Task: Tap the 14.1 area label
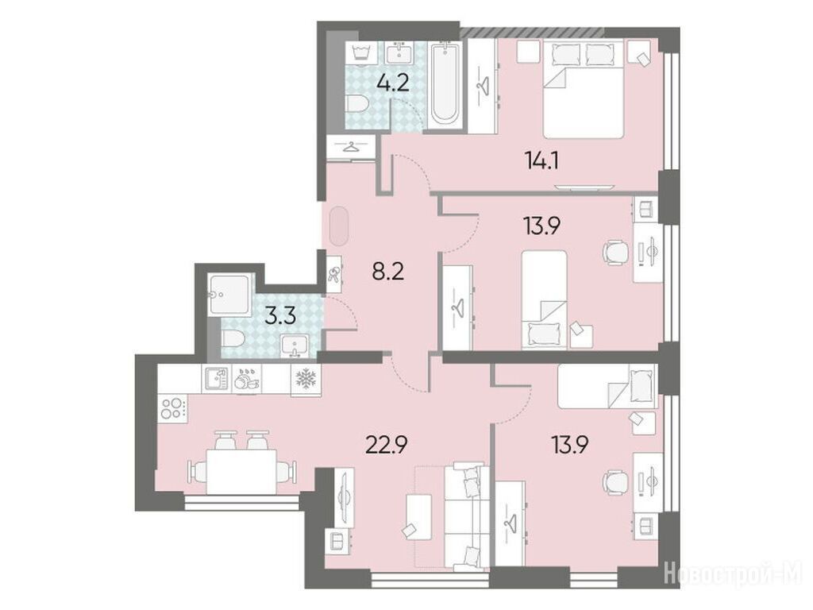click(x=541, y=160)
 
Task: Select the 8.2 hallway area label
click(x=387, y=271)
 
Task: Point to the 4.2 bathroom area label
click(x=392, y=83)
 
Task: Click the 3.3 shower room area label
click(x=280, y=315)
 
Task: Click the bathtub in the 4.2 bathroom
click(x=445, y=84)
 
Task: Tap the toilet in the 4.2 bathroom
click(x=356, y=105)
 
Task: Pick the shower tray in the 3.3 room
click(x=230, y=295)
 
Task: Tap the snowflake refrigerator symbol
click(x=306, y=379)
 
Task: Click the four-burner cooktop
click(x=173, y=407)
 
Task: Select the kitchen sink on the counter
click(x=215, y=379)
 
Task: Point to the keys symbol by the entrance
click(x=334, y=274)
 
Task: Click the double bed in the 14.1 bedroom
click(x=583, y=90)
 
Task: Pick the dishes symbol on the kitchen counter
click(x=246, y=379)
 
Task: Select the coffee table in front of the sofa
click(x=419, y=517)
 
